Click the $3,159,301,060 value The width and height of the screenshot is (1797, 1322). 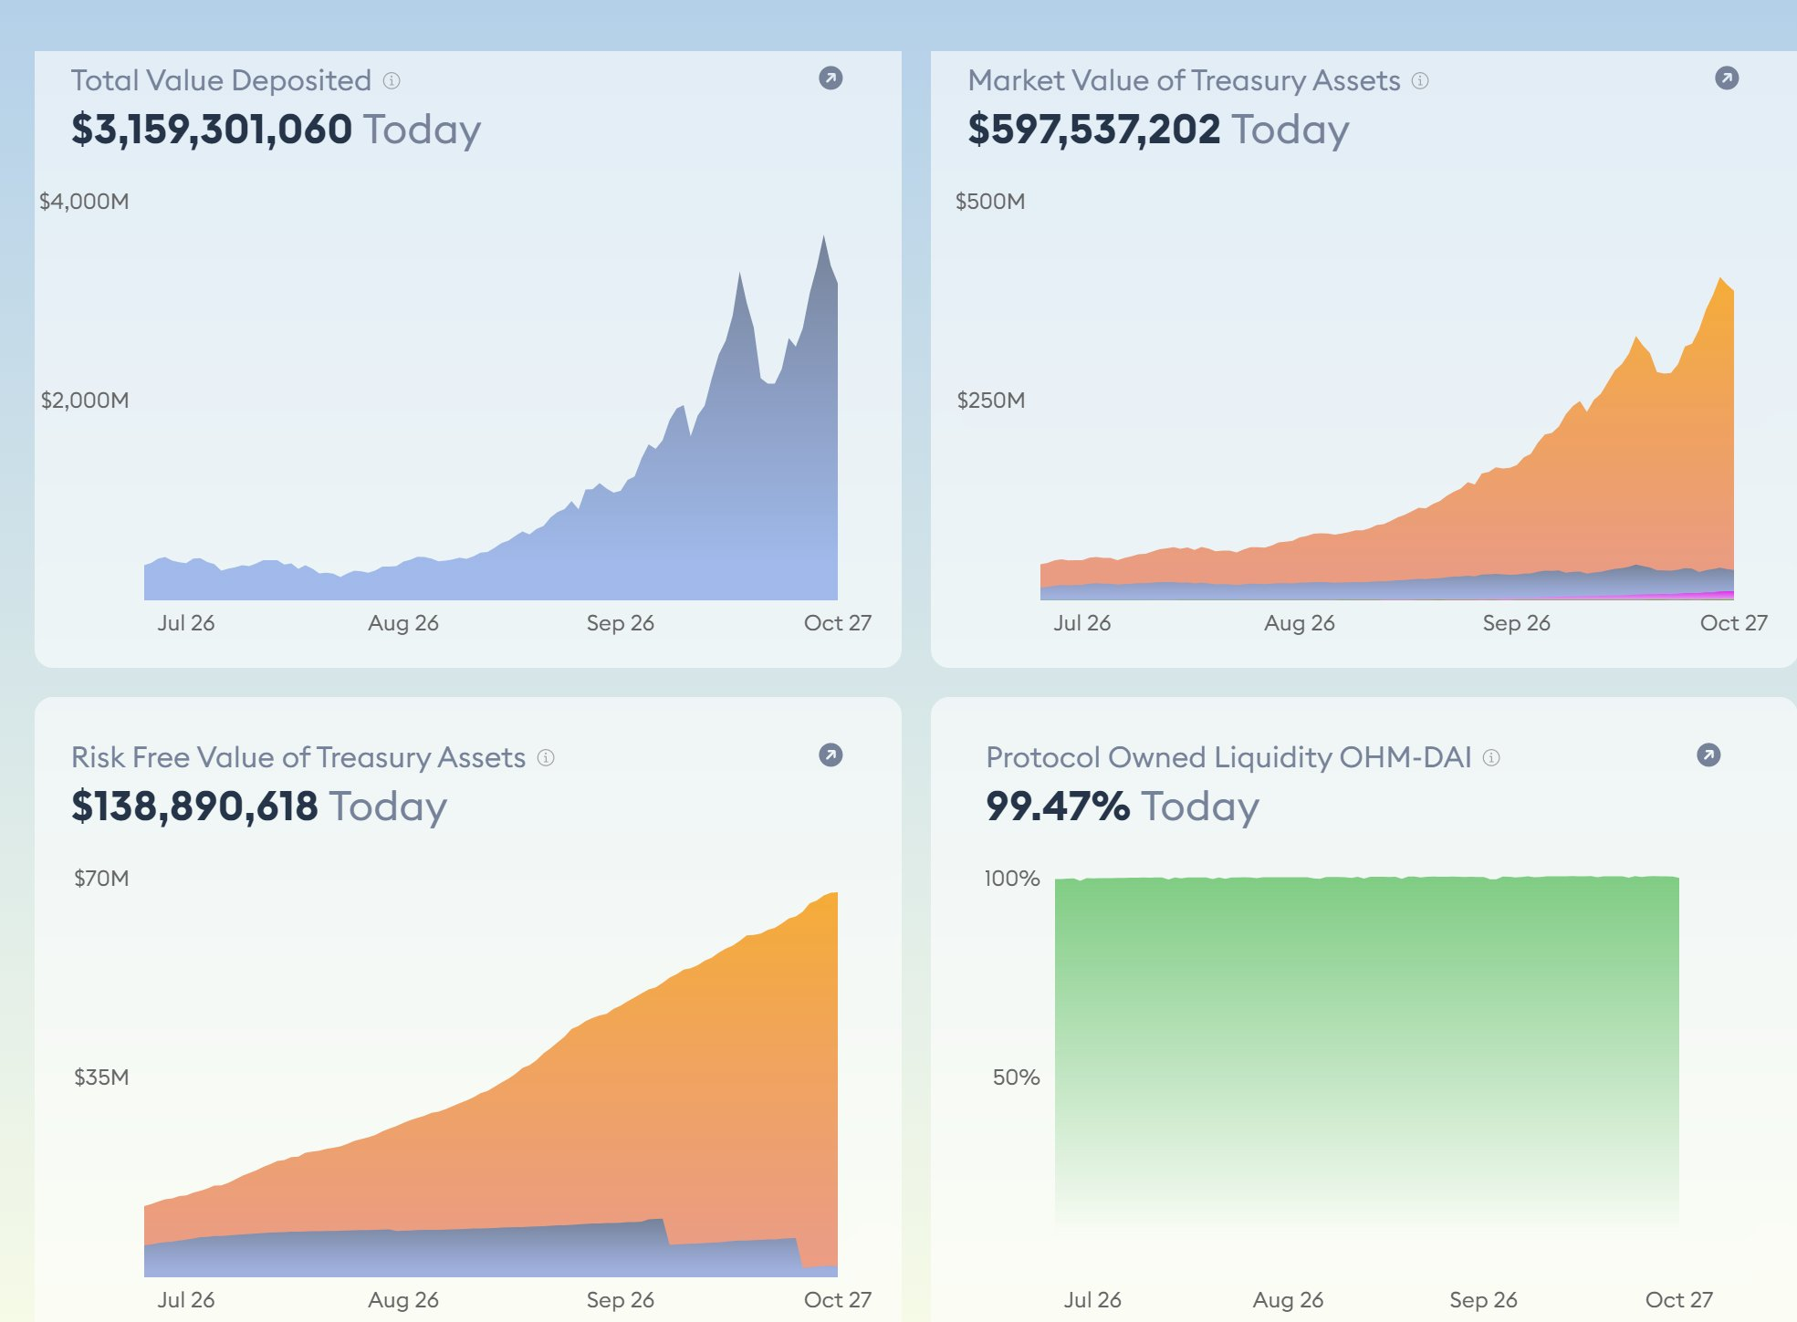[x=212, y=130]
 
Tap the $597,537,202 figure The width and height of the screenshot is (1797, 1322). [x=1093, y=130]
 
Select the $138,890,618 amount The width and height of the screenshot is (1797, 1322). [x=194, y=807]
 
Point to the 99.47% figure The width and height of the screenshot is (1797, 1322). [x=1057, y=807]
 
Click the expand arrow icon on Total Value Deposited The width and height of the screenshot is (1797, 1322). [x=831, y=78]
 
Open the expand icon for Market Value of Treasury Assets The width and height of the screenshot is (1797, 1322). [x=1727, y=78]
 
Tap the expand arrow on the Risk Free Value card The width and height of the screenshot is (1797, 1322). [x=831, y=755]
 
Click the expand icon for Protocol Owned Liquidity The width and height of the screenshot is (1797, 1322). [x=1708, y=755]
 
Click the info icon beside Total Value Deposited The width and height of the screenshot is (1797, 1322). [x=392, y=81]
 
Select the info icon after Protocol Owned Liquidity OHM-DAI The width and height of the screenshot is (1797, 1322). [x=1491, y=758]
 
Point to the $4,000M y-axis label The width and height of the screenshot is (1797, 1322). [x=84, y=202]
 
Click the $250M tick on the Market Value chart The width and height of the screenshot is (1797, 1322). [x=990, y=401]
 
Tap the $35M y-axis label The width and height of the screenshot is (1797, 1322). [x=101, y=1077]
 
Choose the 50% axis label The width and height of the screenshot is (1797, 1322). [x=1016, y=1077]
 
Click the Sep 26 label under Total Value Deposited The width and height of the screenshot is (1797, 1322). [x=620, y=623]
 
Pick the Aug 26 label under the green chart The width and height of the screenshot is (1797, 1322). [x=1288, y=1300]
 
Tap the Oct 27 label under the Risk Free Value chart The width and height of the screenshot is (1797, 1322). [x=837, y=1300]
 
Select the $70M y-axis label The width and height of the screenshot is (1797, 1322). [x=101, y=879]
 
